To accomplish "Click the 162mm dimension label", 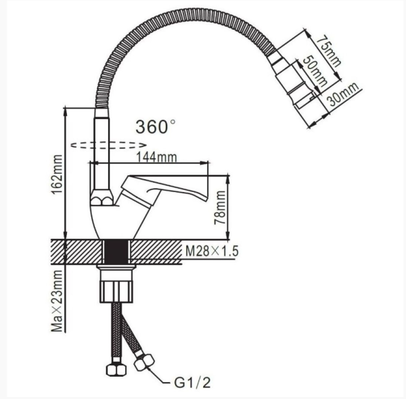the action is [57, 174].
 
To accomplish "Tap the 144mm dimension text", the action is [157, 157].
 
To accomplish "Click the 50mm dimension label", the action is [315, 70].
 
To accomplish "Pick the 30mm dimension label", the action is [343, 94].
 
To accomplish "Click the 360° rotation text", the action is [156, 126].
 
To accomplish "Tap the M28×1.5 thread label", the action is [212, 251].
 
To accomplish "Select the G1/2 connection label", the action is [192, 383].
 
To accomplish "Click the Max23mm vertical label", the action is [57, 301].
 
